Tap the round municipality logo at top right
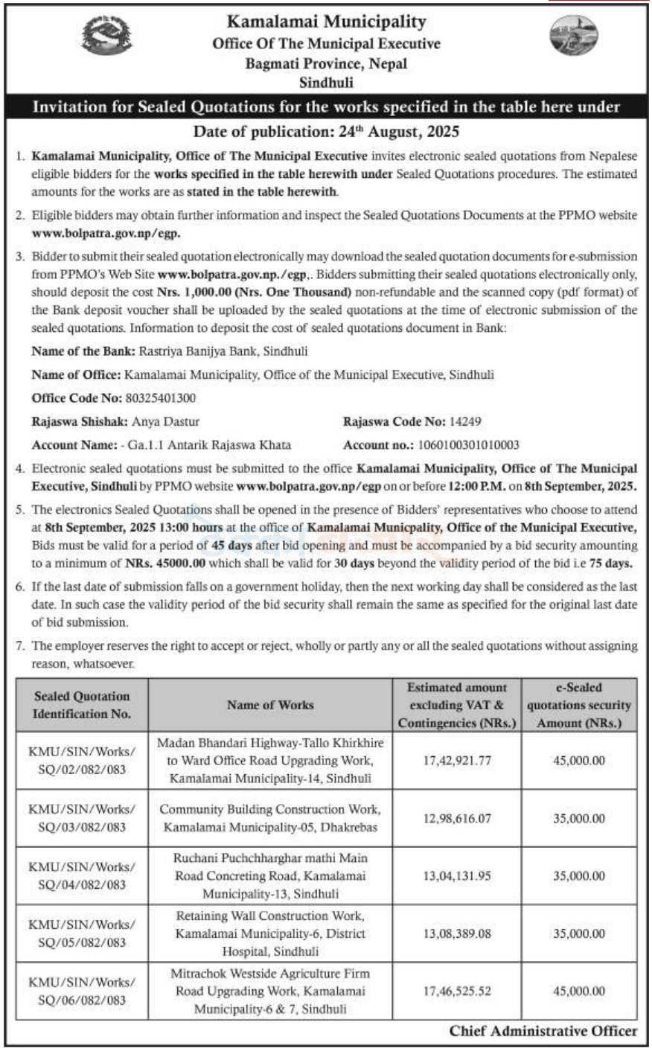click(x=569, y=36)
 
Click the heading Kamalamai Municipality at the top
click(x=326, y=22)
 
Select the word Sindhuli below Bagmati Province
click(x=326, y=83)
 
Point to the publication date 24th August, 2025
click(x=326, y=132)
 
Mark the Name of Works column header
click(x=270, y=705)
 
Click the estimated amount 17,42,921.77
click(x=457, y=761)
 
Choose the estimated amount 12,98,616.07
click(x=457, y=818)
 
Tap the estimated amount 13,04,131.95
click(x=457, y=876)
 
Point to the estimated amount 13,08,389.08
click(x=457, y=933)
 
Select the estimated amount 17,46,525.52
click(x=457, y=991)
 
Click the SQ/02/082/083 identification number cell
click(x=82, y=761)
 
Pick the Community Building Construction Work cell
click(x=270, y=818)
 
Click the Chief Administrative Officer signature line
click(x=543, y=1031)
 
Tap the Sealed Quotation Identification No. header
click(x=82, y=705)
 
